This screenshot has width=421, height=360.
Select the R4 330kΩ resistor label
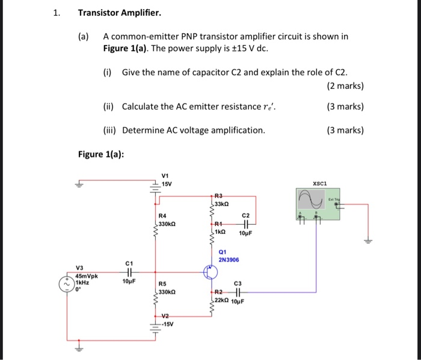166,219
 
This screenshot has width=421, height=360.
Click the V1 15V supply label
167,180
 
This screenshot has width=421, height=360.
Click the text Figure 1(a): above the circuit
102,154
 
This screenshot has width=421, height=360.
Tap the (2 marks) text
345,85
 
